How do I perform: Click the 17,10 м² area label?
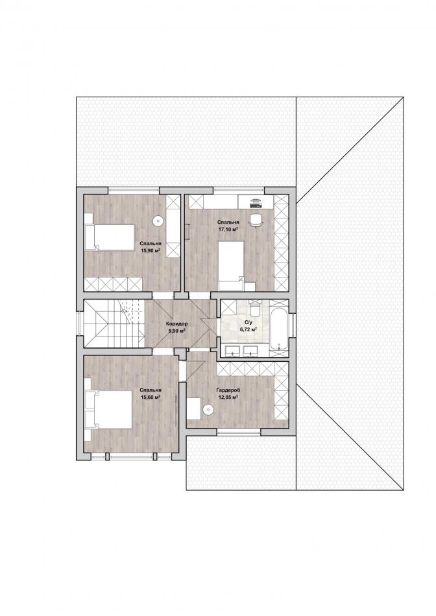(x=228, y=229)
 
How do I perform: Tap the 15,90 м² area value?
(x=151, y=250)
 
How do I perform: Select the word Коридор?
(x=177, y=324)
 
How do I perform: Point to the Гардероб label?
(x=228, y=390)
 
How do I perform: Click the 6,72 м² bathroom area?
(x=248, y=329)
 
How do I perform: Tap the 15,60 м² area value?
(x=151, y=397)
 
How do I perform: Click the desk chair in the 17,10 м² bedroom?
(x=256, y=219)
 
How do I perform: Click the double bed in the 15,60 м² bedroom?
(x=108, y=409)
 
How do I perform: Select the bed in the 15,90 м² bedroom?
(x=110, y=237)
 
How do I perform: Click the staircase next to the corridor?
(x=114, y=324)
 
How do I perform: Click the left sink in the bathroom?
(x=233, y=351)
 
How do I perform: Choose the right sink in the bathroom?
(x=250, y=351)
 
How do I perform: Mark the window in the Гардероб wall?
(x=239, y=432)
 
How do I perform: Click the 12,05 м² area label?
(x=228, y=397)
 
